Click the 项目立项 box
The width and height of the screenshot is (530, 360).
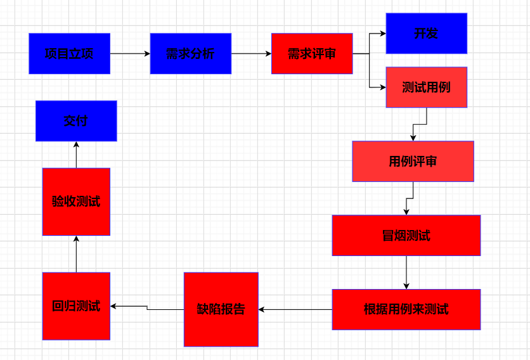pos(69,54)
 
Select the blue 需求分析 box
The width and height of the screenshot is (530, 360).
pos(190,54)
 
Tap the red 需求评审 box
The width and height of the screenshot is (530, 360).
pos(312,54)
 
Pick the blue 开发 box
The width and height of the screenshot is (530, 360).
pos(426,34)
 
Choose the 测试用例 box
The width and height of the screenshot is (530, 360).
pos(426,87)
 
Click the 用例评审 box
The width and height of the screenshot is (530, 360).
pos(413,162)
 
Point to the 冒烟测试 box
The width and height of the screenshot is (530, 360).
pos(406,236)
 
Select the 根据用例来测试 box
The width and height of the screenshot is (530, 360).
pos(406,309)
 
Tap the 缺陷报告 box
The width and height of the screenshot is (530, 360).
pos(221,309)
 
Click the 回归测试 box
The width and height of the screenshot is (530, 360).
pos(76,306)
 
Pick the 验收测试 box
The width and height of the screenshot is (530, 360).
pos(76,202)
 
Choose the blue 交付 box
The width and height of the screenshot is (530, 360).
pos(76,121)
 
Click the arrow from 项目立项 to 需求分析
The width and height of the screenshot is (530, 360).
pos(130,54)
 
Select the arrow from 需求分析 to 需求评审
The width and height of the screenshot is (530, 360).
pos(251,54)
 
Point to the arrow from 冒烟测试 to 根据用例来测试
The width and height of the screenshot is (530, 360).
pos(406,273)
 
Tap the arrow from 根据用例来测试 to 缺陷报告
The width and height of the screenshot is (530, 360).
pos(295,309)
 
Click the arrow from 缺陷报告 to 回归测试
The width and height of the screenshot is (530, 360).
pos(147,307)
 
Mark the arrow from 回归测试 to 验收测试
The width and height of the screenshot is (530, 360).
pos(76,254)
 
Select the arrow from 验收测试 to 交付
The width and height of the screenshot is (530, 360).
pos(76,155)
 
